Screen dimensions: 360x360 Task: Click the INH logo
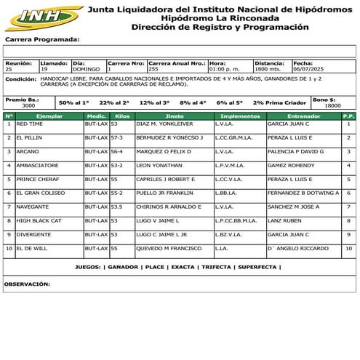point(41,16)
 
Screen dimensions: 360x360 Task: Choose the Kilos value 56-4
point(116,151)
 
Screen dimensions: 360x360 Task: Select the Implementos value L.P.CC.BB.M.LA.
point(236,220)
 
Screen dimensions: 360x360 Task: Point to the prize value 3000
point(28,105)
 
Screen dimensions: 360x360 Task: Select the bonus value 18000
point(332,105)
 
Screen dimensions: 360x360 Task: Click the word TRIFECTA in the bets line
point(216,267)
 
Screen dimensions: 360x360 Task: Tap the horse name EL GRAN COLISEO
point(41,193)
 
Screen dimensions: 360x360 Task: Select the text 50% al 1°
point(73,103)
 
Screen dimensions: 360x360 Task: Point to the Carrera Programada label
point(41,39)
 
